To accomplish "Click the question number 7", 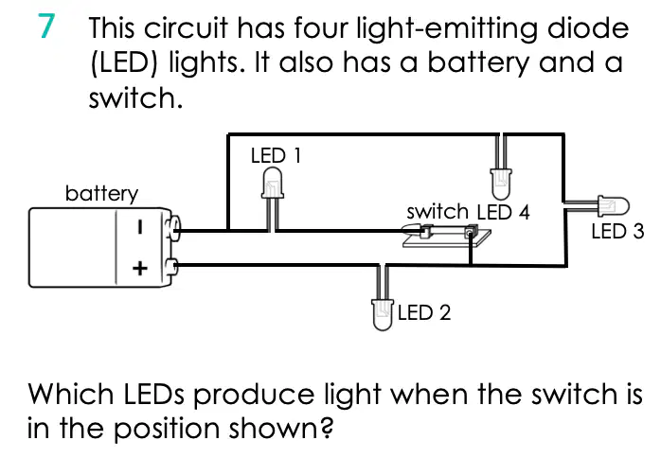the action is tap(46, 26).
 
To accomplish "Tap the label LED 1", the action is tap(276, 155).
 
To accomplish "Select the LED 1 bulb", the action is tap(273, 183).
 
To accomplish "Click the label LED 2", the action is tap(423, 312).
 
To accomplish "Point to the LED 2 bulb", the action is tap(383, 315).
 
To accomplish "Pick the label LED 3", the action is tap(617, 231).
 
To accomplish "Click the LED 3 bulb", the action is tap(614, 206).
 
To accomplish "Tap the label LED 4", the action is tap(503, 212).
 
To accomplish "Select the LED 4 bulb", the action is tap(501, 185).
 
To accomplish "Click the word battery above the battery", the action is tap(101, 193).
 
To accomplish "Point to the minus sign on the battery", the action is tap(140, 227).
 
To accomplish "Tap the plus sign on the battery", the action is tap(140, 269).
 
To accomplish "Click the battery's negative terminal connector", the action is tap(173, 228).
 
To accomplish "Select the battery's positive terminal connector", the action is tap(171, 267).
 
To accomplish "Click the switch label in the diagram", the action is tap(438, 212).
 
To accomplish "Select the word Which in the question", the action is tap(70, 395).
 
